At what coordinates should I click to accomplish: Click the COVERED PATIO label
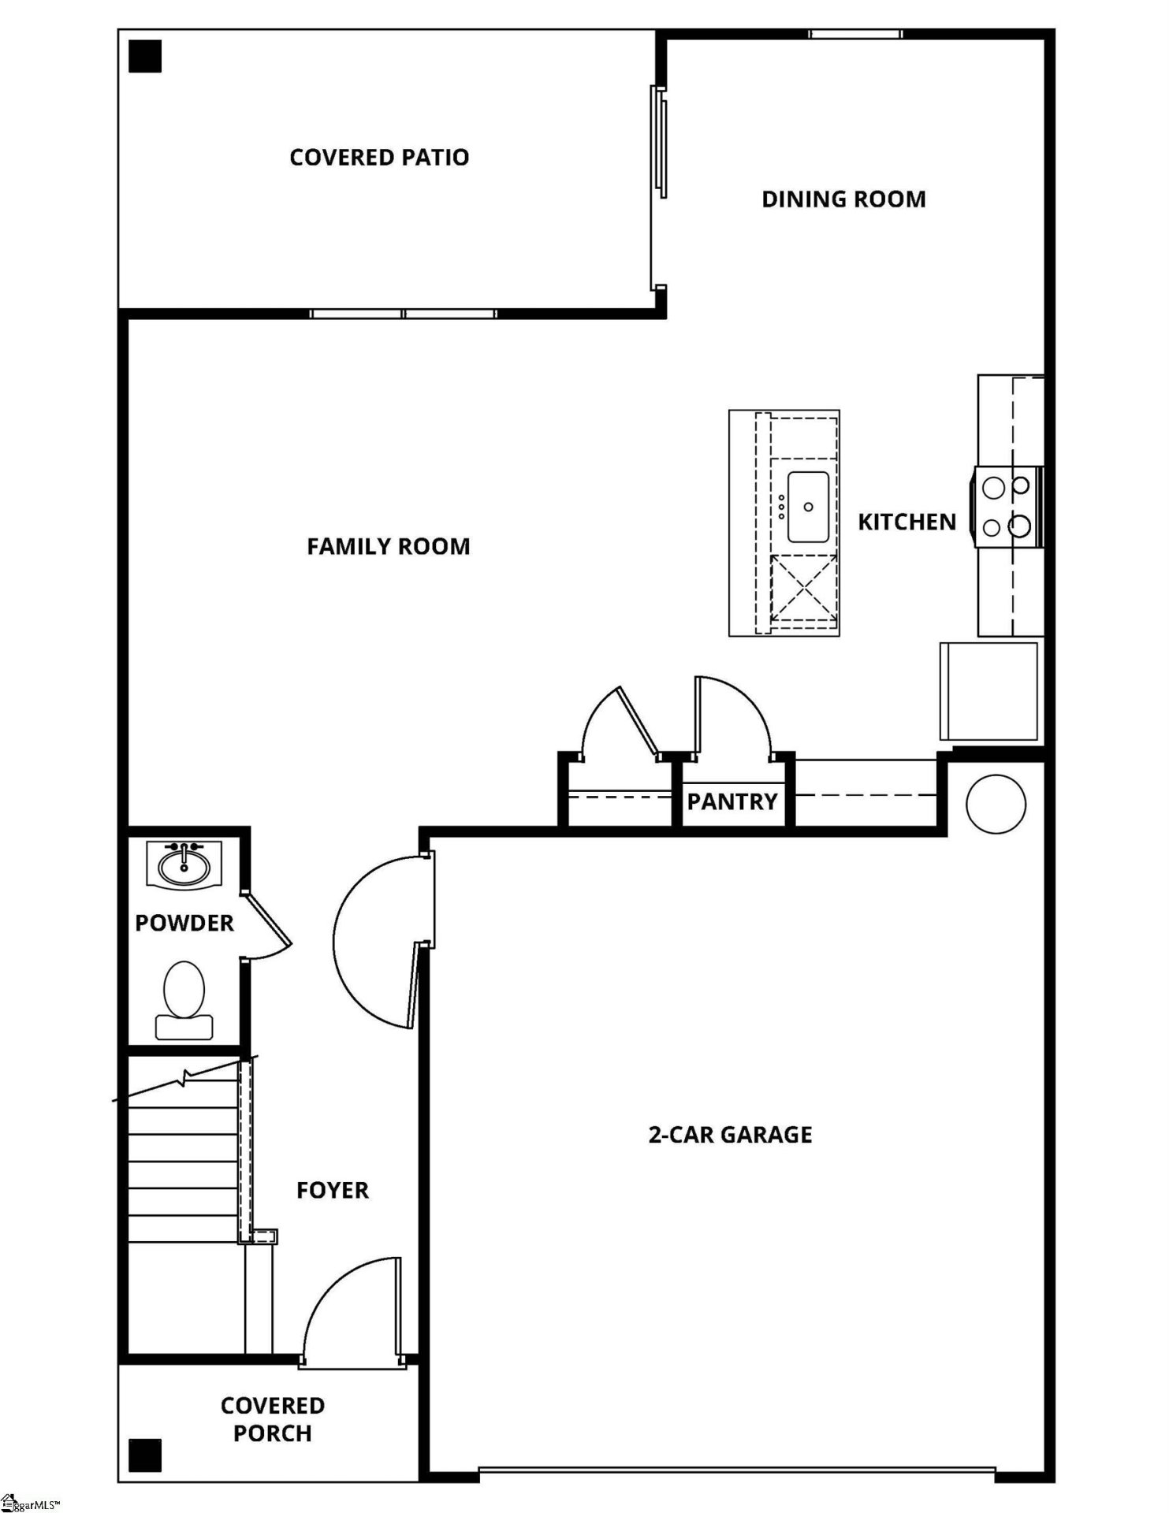coord(379,158)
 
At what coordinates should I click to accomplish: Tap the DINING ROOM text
coord(843,199)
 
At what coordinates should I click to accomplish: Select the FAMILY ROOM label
coord(388,547)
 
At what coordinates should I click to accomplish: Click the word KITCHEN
coord(907,522)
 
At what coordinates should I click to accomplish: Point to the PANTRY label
coord(732,802)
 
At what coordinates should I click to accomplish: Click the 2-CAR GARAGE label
coord(730,1135)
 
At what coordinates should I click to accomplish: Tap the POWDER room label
coord(184,924)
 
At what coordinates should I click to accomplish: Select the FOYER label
coord(332,1190)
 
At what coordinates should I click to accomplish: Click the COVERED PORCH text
coord(272,1419)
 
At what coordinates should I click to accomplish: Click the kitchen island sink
coord(807,507)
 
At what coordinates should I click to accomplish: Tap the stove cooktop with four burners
coord(1007,507)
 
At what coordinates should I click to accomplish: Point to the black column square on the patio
coord(145,57)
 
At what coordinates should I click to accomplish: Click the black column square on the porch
coord(145,1455)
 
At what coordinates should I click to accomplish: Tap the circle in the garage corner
coord(996,805)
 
